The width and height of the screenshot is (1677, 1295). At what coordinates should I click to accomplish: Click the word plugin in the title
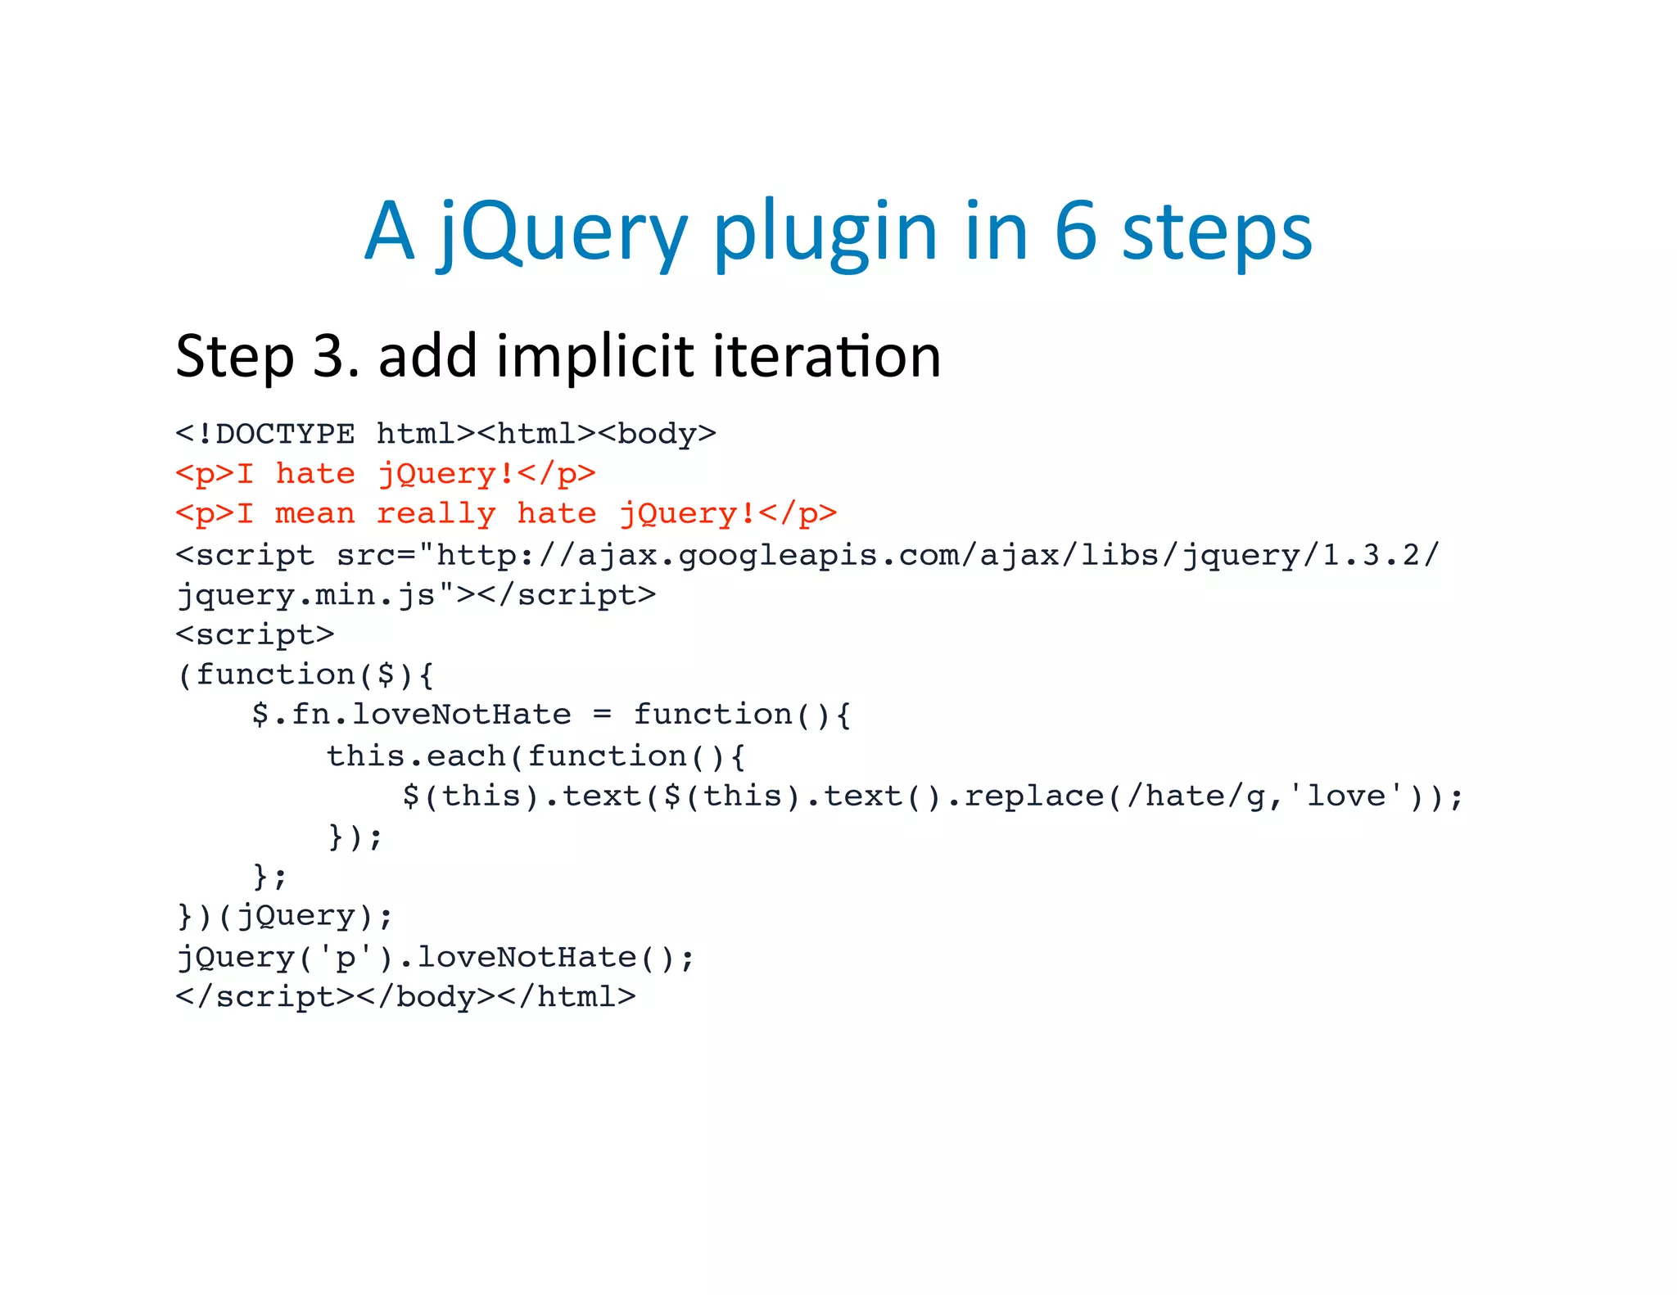825,233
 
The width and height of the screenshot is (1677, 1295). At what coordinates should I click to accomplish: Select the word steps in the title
1217,233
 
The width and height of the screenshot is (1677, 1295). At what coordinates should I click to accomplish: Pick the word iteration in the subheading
826,357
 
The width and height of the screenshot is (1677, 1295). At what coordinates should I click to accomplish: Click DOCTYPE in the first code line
285,434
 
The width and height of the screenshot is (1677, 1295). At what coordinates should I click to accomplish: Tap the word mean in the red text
315,514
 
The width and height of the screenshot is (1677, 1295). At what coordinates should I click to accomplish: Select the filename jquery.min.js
308,595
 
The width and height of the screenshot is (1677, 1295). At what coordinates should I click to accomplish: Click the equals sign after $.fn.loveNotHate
602,715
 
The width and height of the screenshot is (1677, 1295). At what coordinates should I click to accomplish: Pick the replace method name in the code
1034,796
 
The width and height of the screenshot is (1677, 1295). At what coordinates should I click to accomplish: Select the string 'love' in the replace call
1345,796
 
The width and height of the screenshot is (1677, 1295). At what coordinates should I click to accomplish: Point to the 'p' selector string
346,957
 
